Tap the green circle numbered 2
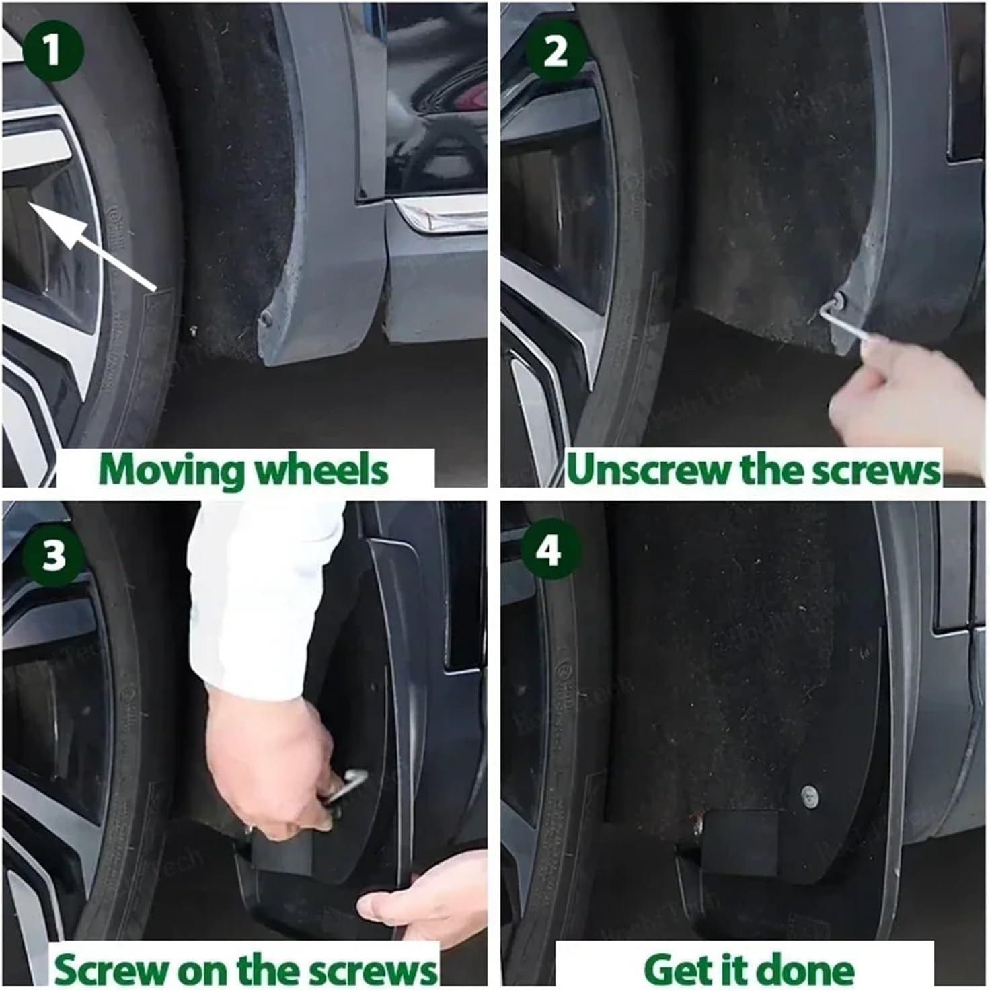pos(556,52)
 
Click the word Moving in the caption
pos(172,470)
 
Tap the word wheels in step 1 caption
pos(323,470)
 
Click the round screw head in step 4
pos(810,796)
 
